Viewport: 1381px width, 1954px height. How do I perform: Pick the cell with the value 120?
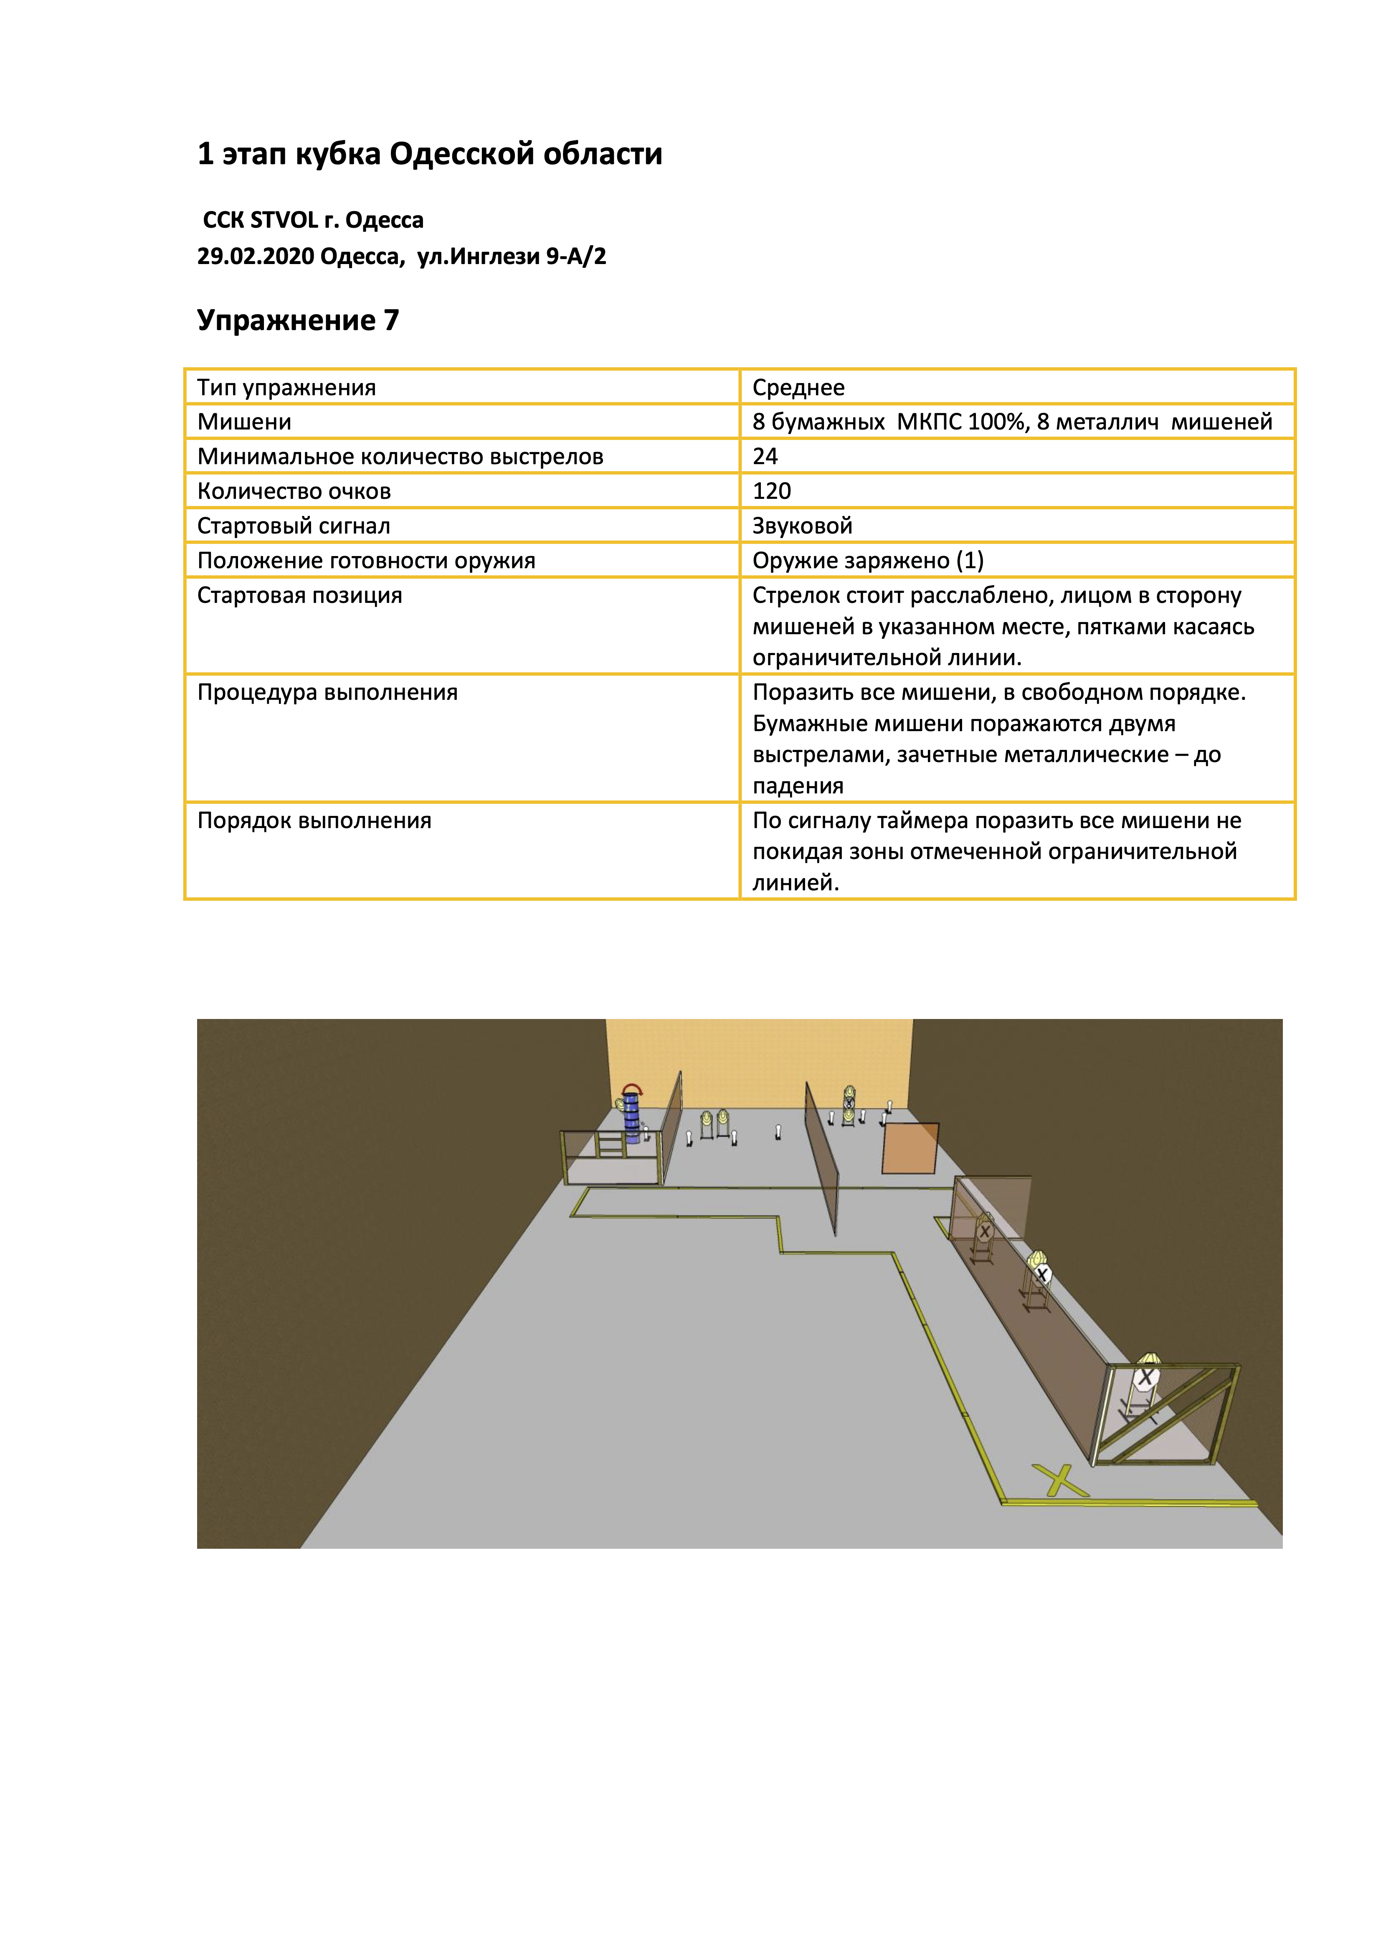point(772,491)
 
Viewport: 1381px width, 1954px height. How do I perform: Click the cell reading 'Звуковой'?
point(802,526)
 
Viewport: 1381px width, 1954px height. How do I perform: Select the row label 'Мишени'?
point(244,422)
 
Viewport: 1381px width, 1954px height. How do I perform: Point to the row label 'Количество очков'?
point(294,491)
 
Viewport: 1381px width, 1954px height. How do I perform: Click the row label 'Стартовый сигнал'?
point(294,526)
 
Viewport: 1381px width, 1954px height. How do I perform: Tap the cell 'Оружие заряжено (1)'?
point(868,561)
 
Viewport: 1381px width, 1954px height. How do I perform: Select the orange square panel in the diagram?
point(910,1148)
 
